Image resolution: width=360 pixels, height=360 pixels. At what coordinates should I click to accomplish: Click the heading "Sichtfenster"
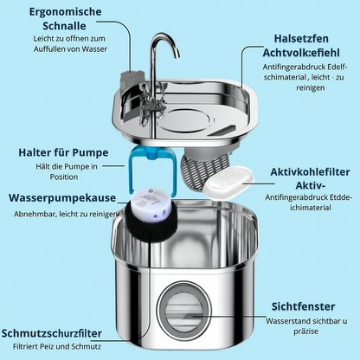(x=303, y=306)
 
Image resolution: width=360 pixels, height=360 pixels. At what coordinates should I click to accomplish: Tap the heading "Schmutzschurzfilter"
(x=52, y=333)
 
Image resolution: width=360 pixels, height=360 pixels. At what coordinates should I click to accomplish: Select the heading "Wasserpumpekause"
(x=62, y=198)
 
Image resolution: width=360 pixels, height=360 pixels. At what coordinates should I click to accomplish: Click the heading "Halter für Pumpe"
(x=63, y=152)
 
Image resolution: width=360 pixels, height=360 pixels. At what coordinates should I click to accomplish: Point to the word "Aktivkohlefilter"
(x=310, y=172)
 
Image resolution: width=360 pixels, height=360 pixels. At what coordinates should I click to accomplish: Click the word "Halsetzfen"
(x=301, y=38)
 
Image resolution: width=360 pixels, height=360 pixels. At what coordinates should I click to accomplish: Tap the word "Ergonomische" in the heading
(x=65, y=12)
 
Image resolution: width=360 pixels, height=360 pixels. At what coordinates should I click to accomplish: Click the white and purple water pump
(x=150, y=204)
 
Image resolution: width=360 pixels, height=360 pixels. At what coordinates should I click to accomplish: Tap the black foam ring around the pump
(x=151, y=222)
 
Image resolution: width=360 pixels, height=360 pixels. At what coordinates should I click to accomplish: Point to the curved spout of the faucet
(x=165, y=42)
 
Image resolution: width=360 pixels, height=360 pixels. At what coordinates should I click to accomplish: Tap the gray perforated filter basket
(x=203, y=170)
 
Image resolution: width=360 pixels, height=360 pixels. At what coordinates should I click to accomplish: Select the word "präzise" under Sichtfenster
(x=306, y=331)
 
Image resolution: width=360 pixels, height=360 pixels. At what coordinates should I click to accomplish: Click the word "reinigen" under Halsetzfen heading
(x=311, y=87)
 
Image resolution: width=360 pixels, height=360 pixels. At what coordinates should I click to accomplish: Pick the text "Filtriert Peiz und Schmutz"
(x=57, y=346)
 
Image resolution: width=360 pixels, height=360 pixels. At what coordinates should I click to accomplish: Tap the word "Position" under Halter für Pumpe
(x=64, y=177)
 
